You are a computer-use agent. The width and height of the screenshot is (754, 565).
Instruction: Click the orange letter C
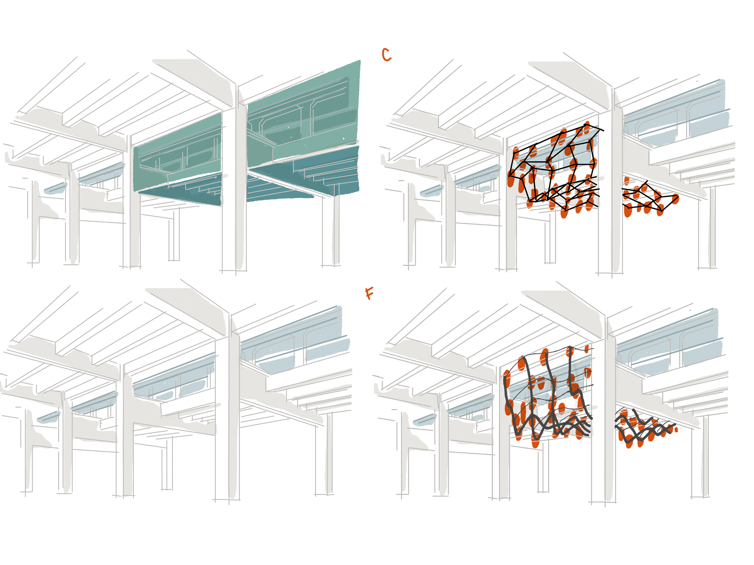[x=386, y=55]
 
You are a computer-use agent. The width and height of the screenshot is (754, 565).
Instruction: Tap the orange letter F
[x=369, y=293]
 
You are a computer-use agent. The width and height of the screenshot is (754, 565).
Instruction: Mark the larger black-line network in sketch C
[x=554, y=169]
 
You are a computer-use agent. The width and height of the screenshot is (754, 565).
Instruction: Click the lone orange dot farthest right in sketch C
[x=675, y=199]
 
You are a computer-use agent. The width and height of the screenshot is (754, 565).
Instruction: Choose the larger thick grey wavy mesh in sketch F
[x=550, y=400]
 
